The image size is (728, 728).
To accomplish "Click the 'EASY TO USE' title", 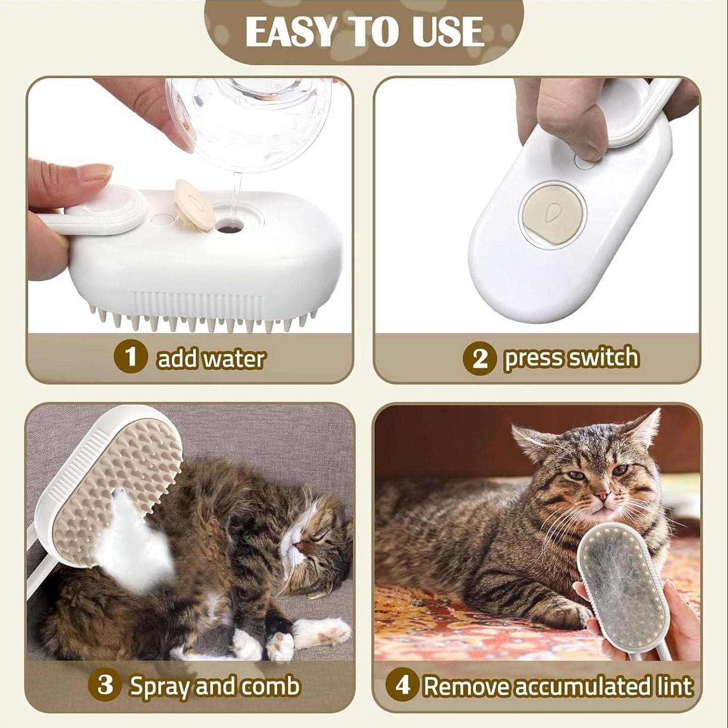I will coord(364,31).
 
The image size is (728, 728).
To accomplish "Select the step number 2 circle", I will coord(479,359).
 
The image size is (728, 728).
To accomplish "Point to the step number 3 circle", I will coord(105,686).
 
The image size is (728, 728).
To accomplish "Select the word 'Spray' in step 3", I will coord(160,686).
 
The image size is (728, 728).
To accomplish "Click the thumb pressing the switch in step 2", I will coord(580,126).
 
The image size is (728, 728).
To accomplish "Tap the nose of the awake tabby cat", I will coord(599,497).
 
